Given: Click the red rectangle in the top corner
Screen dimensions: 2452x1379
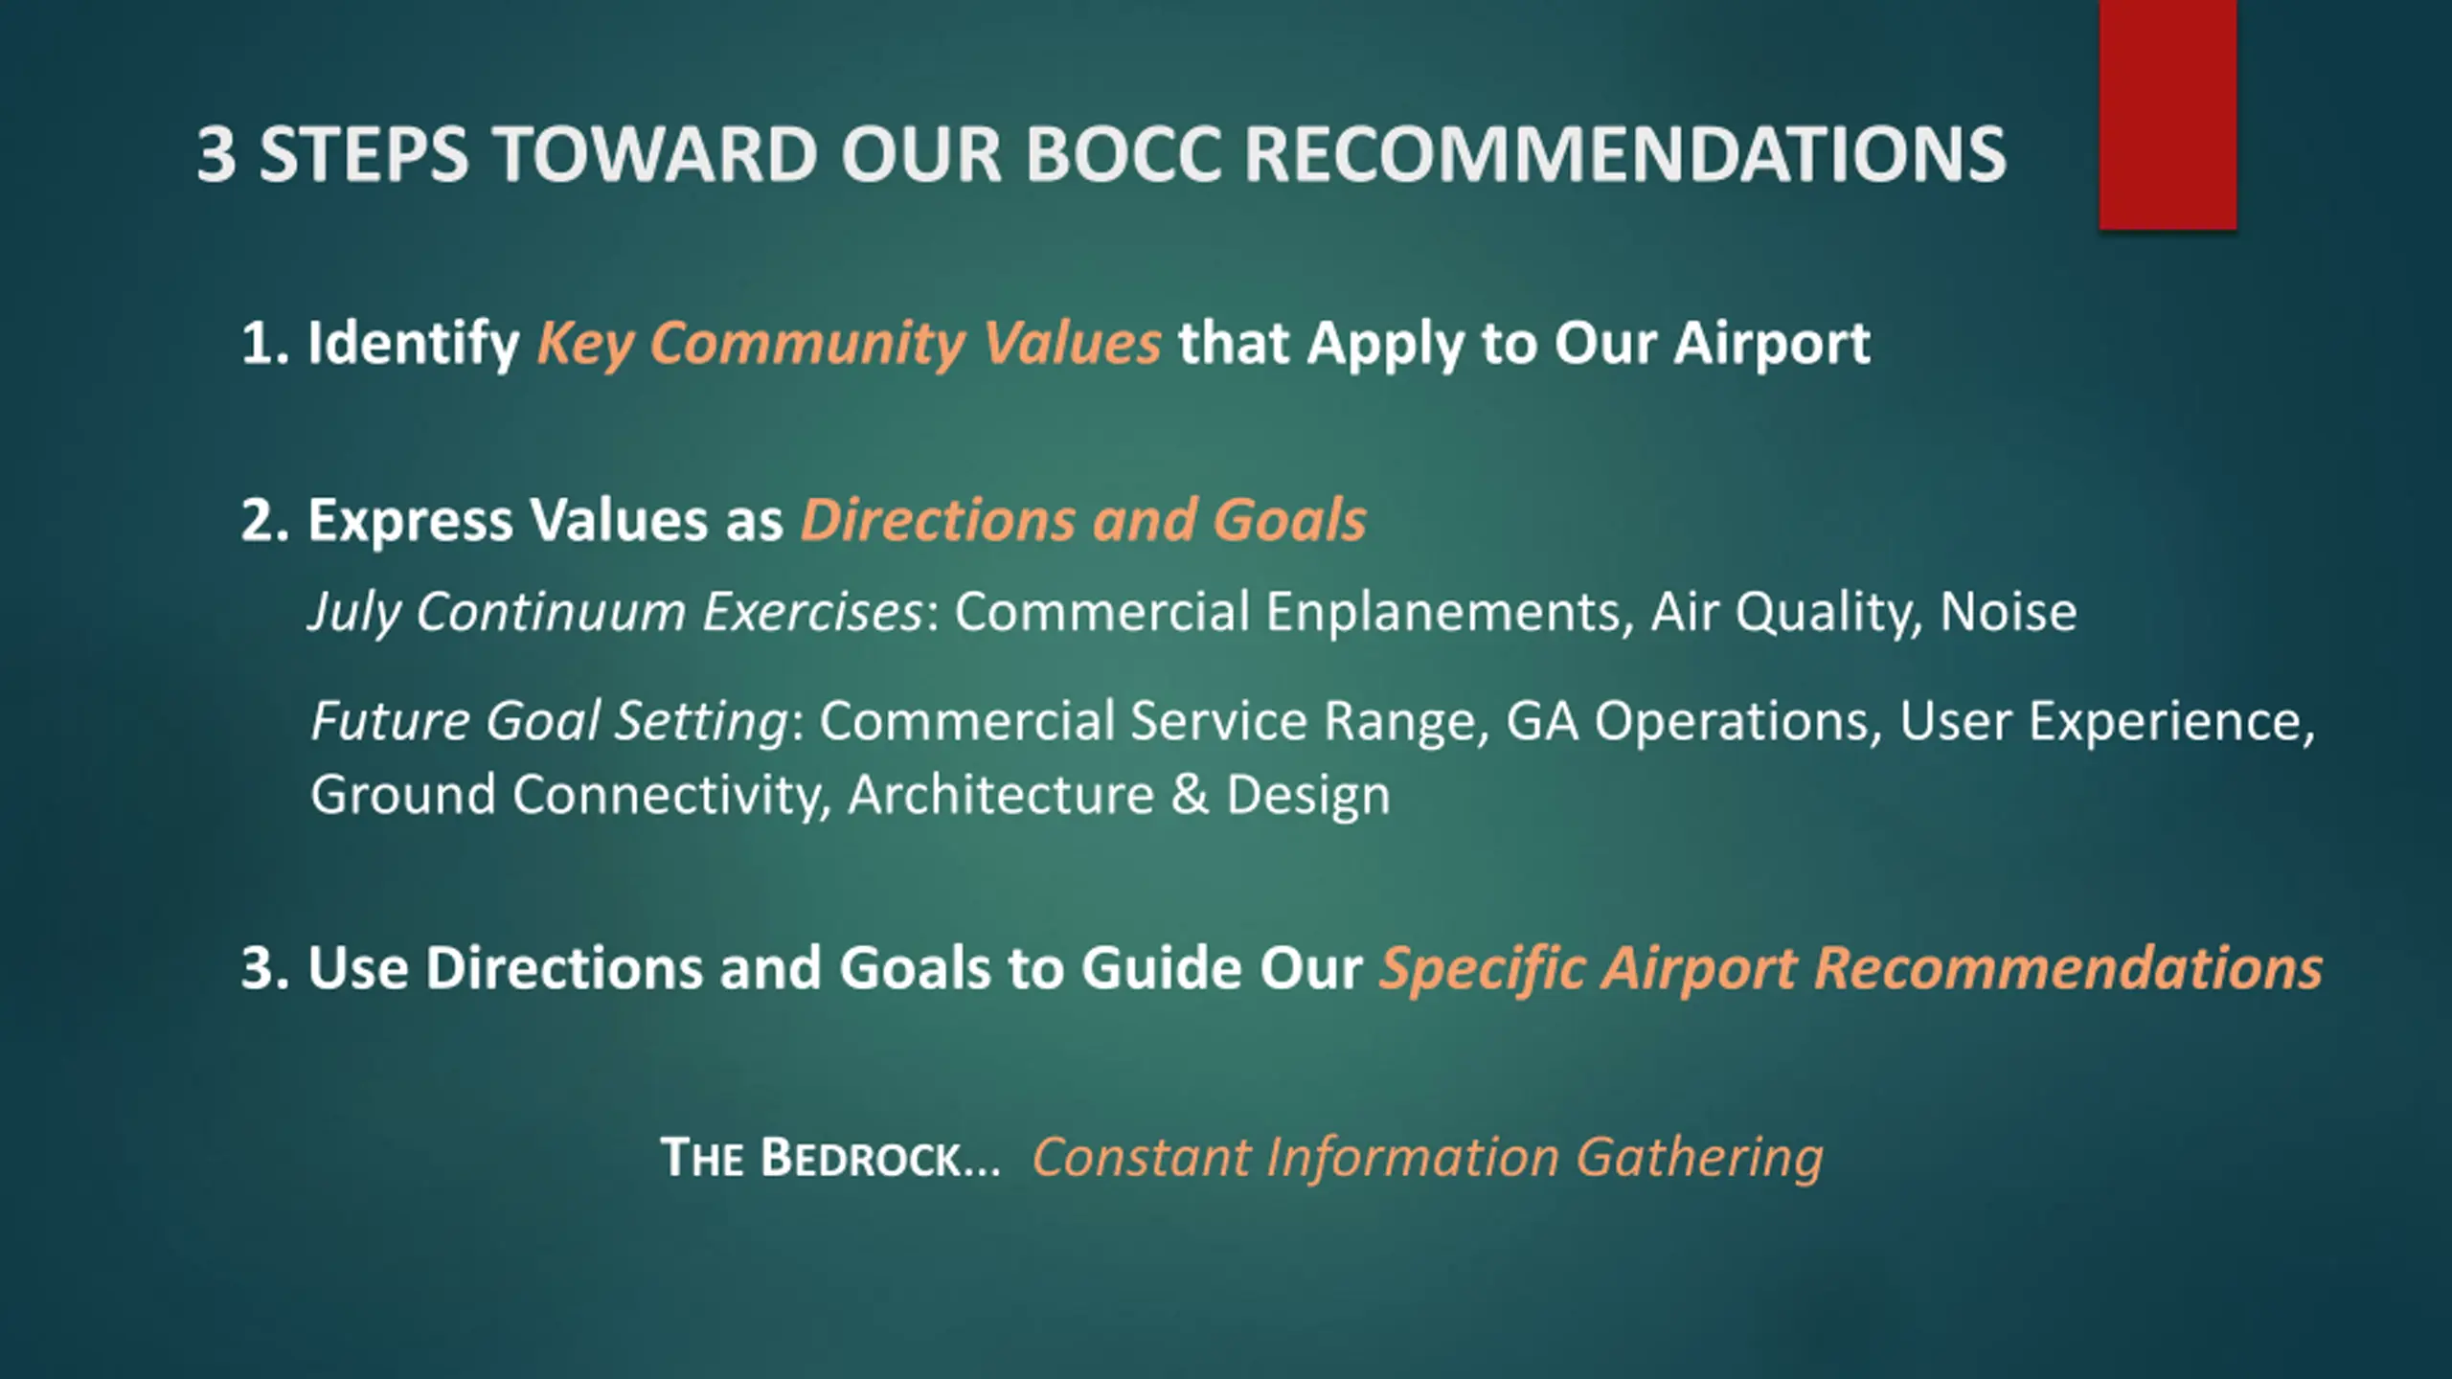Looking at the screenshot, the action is tap(2168, 115).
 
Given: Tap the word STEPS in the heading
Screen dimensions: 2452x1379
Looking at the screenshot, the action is tap(364, 154).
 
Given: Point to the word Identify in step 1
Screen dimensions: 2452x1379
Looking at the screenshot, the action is tap(413, 344).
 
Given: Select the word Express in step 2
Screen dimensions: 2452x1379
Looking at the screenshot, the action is tap(410, 521).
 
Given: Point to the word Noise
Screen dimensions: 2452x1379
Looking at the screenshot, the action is tap(2009, 612).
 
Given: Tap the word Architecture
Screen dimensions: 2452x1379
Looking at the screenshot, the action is tap(1001, 795).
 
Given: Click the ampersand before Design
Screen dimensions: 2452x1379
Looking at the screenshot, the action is tap(1191, 795).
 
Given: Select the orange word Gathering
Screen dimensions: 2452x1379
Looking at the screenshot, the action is tap(1699, 1159).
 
